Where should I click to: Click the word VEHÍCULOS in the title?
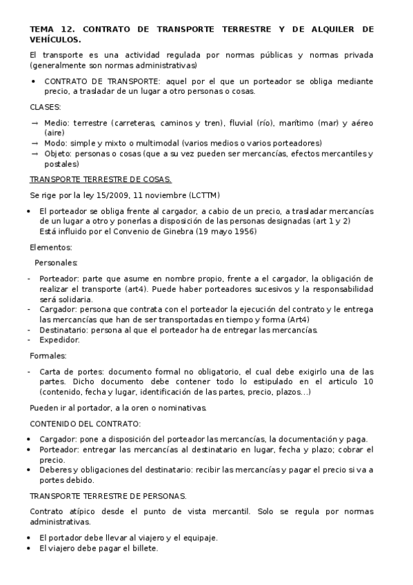[x=54, y=39]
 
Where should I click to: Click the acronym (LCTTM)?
[x=202, y=195]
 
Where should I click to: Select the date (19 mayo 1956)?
[x=221, y=230]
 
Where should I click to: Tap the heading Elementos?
[x=51, y=246]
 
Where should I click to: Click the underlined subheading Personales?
[x=56, y=262]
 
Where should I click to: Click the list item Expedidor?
[x=59, y=339]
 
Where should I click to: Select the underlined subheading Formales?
[x=48, y=355]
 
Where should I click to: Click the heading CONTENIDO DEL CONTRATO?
[x=85, y=423]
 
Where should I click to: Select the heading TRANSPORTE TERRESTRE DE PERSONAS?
[x=108, y=496]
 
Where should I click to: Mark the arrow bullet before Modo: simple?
[x=34, y=143]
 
